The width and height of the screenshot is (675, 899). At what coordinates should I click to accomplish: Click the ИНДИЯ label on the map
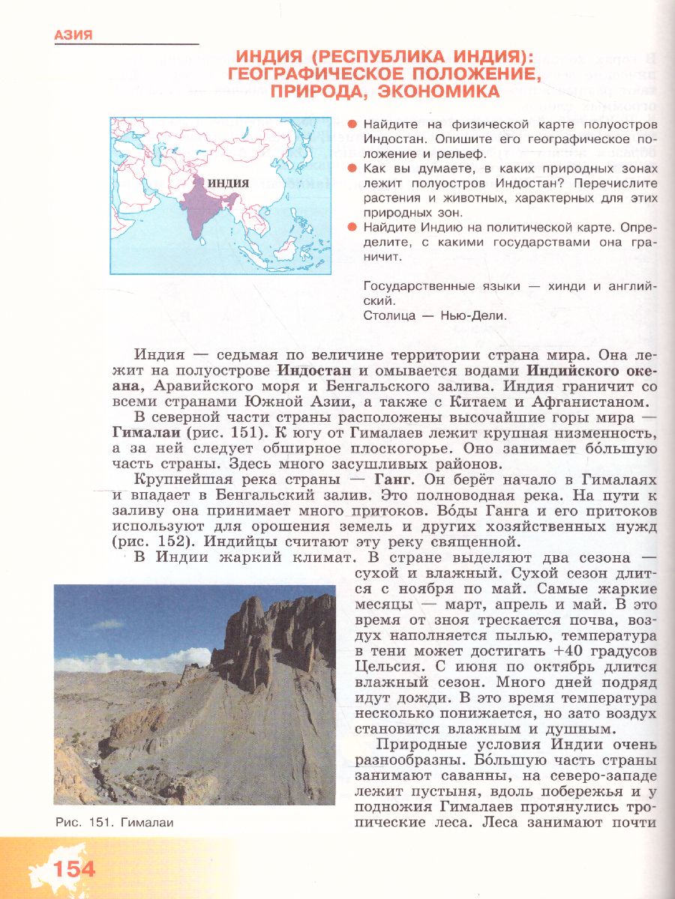(x=228, y=183)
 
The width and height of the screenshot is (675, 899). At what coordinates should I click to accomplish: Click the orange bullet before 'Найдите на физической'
(x=350, y=124)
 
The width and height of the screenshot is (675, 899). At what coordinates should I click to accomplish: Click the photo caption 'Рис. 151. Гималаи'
(x=114, y=822)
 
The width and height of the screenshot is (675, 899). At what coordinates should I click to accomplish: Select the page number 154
(x=73, y=869)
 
